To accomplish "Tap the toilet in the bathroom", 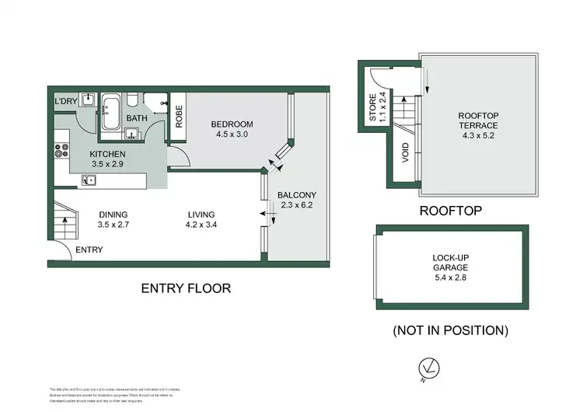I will point(133,100).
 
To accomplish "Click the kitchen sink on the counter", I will point(89,181).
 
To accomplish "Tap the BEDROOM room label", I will point(232,124).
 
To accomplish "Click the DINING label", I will point(113,215).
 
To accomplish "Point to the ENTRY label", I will point(89,250).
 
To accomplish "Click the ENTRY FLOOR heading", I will point(186,288).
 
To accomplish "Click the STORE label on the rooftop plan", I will point(372,108).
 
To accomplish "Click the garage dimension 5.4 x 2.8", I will point(450,277).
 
